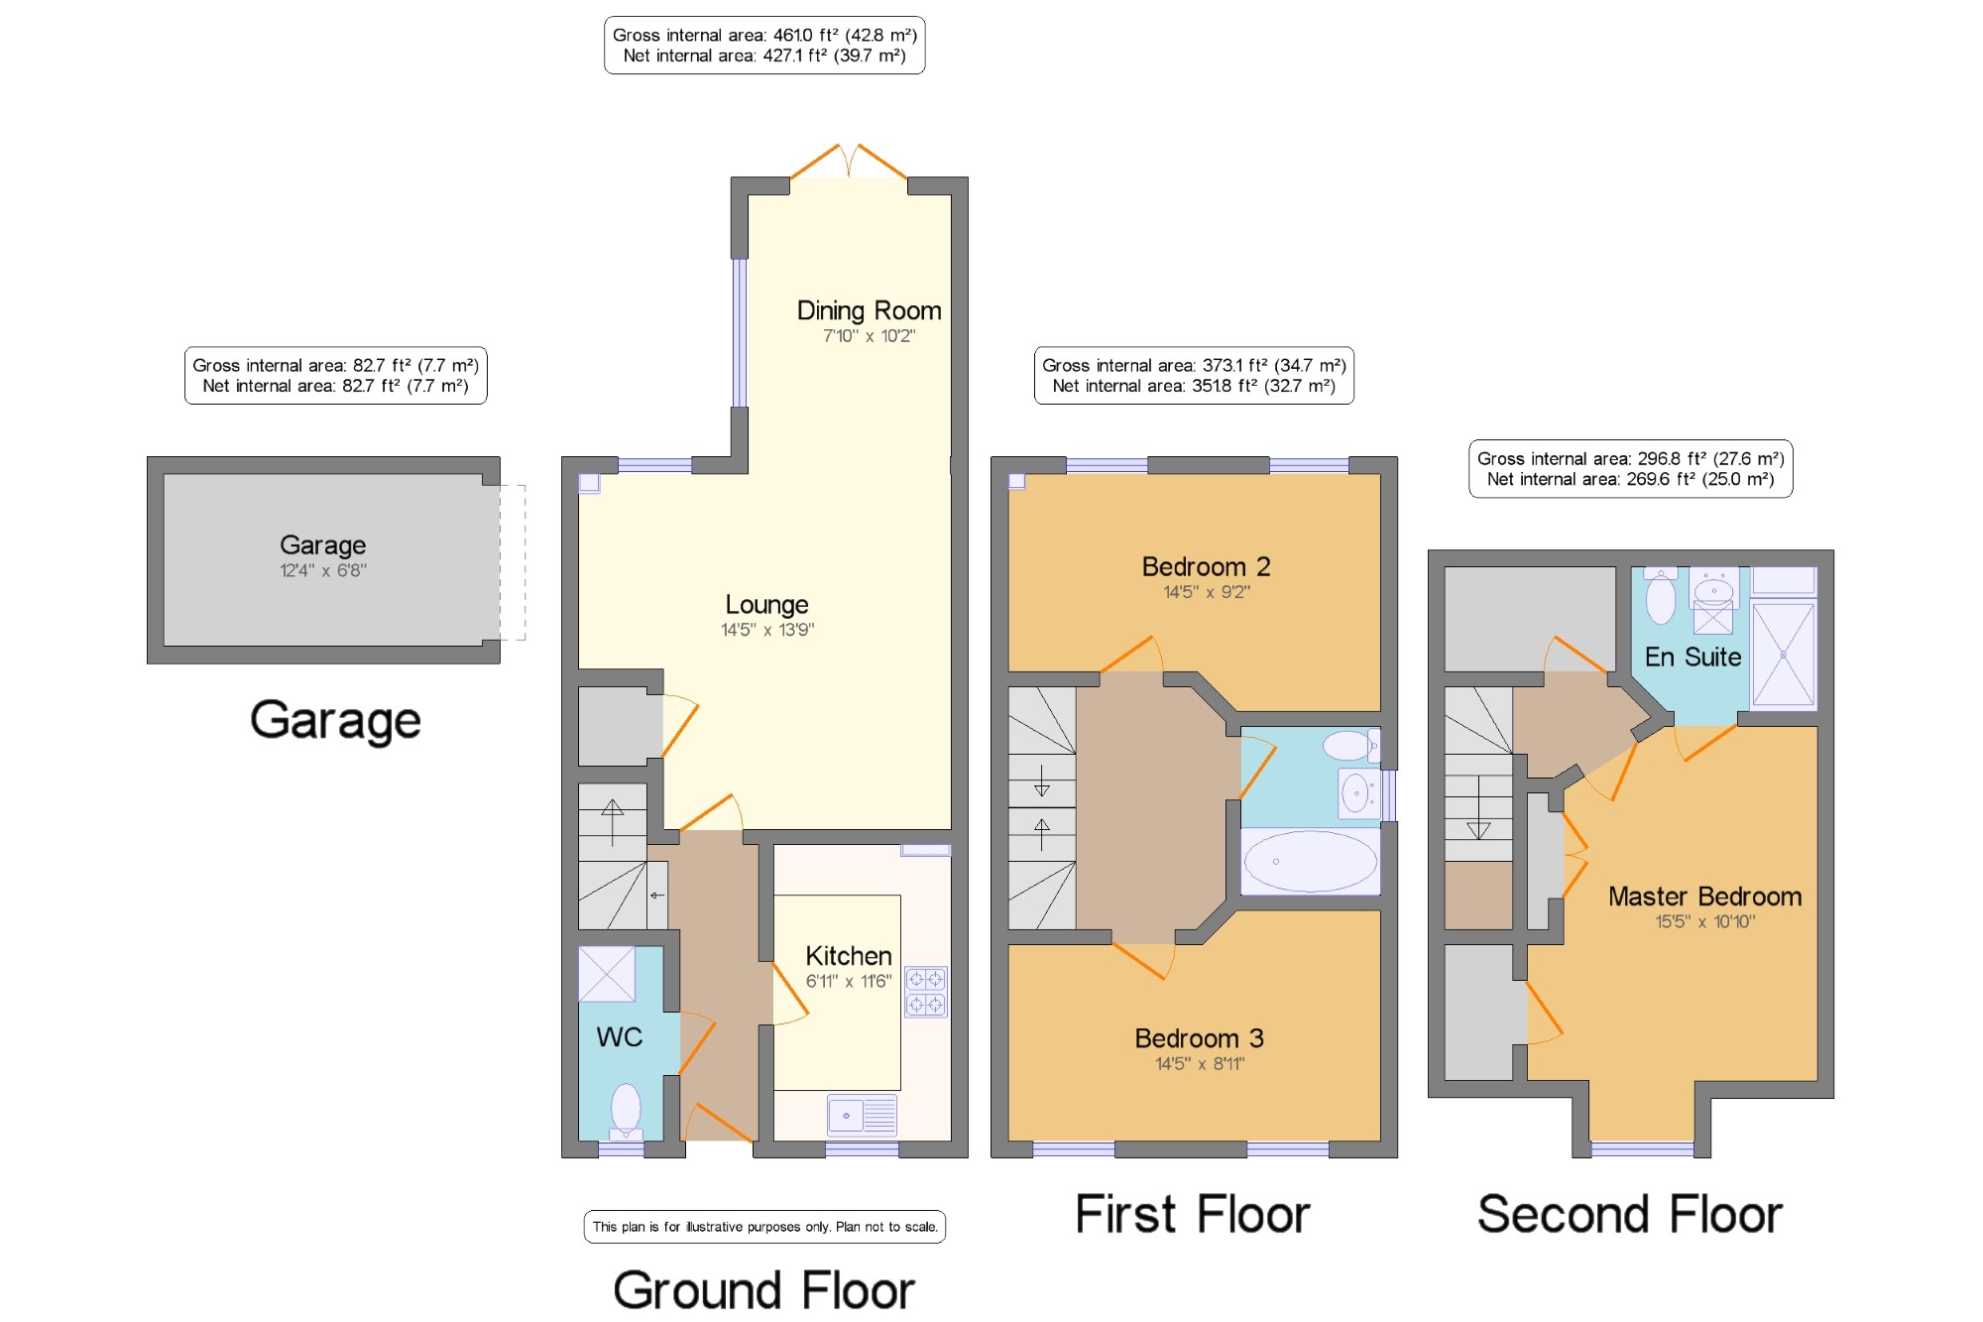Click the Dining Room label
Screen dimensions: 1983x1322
pos(869,310)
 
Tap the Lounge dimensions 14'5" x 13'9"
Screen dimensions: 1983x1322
pos(767,630)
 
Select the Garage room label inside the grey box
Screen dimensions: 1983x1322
pos(323,545)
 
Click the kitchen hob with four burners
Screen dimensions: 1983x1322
pos(925,992)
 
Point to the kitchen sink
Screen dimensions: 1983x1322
pos(863,1115)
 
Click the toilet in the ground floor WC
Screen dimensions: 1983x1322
pos(626,1112)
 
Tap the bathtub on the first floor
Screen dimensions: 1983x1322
pos(1311,861)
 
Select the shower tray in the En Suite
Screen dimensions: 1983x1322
pos(1784,655)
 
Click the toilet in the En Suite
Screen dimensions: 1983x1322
pos(1661,595)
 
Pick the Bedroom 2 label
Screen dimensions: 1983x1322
pos(1206,566)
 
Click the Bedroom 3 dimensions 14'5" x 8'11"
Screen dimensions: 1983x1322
pos(1200,1064)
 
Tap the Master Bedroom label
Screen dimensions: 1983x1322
pos(1705,897)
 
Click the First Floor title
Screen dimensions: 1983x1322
pos(1193,1214)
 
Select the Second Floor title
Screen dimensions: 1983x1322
pos(1630,1214)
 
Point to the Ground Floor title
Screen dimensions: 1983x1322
pos(763,1290)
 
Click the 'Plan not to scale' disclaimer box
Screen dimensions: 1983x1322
pos(764,1227)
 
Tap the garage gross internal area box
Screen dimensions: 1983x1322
pos(336,376)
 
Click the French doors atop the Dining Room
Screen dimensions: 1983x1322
pos(849,162)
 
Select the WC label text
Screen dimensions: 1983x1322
pos(620,1037)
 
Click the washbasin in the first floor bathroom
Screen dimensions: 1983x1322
pos(1357,792)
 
